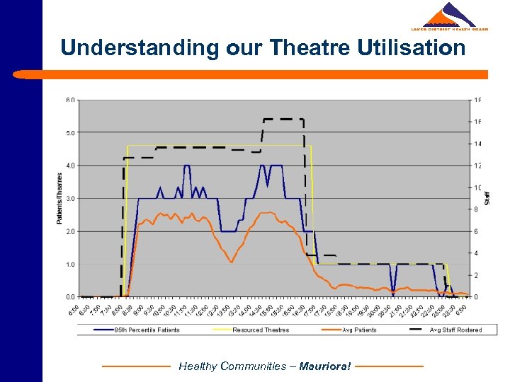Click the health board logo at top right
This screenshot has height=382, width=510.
pos(450,17)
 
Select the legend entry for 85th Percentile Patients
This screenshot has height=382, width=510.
pos(146,330)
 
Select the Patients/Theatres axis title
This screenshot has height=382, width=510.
pos(59,198)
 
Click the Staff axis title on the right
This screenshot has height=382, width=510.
pos(487,198)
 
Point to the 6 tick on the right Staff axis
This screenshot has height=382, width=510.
pos(476,231)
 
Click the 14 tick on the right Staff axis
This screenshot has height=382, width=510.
pos(477,144)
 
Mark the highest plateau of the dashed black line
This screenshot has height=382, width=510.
pos(283,120)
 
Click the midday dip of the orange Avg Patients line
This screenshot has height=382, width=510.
pos(231,262)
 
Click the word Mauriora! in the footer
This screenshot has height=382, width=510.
pos(325,366)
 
